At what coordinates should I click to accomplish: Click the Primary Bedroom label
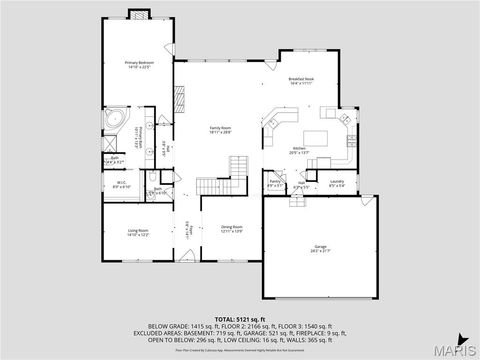pyautogui.click(x=138, y=64)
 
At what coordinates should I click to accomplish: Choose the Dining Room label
pyautogui.click(x=233, y=229)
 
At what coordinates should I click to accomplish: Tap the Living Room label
pyautogui.click(x=138, y=233)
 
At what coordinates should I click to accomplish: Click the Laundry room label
pyautogui.click(x=337, y=183)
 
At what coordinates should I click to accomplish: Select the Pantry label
pyautogui.click(x=275, y=183)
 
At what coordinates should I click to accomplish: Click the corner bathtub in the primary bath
pyautogui.click(x=114, y=122)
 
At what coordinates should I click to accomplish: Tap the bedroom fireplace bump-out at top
pyautogui.click(x=138, y=15)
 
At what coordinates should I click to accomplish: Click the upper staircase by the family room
pyautogui.click(x=238, y=164)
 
